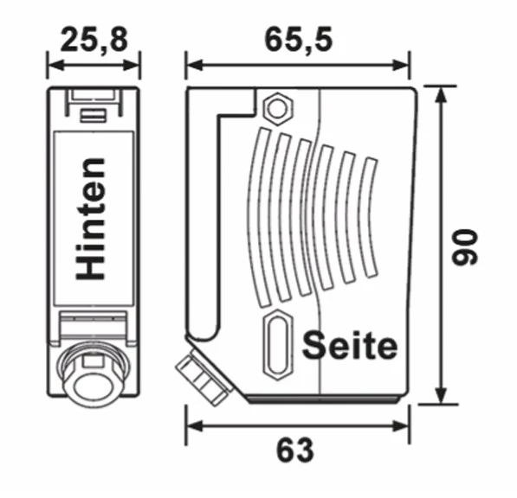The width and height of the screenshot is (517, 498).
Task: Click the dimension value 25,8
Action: (x=94, y=39)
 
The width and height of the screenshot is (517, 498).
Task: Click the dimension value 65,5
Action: (x=297, y=39)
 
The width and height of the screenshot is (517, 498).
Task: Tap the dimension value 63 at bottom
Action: (x=295, y=450)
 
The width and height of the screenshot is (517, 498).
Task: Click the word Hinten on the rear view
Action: (x=92, y=218)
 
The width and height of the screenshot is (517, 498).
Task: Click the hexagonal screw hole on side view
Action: (x=276, y=109)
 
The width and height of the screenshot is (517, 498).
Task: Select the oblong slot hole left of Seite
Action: (x=276, y=344)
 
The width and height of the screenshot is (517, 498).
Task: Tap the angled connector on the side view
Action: (x=201, y=379)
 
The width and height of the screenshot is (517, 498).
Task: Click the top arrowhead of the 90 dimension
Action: (x=442, y=93)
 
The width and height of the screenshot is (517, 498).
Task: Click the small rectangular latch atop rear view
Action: (x=93, y=112)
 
